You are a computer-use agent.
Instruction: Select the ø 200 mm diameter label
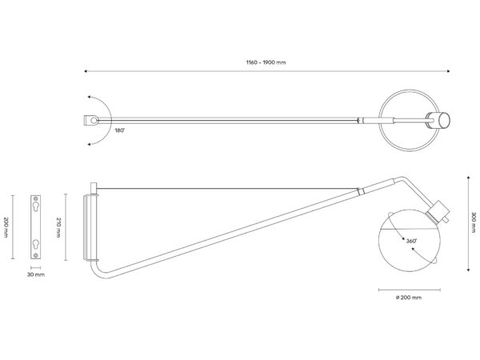click(x=408, y=297)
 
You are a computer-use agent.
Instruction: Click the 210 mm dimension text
click(x=59, y=226)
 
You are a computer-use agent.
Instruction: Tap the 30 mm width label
click(x=36, y=274)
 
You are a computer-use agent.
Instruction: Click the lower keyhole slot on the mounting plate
click(x=36, y=242)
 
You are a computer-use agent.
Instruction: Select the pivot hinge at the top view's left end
click(x=93, y=120)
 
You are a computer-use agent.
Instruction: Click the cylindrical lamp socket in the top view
click(x=438, y=120)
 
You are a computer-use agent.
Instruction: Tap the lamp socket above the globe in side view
click(x=437, y=212)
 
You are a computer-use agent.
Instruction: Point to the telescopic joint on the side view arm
click(x=361, y=190)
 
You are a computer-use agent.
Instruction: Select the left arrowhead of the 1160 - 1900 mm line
click(x=86, y=72)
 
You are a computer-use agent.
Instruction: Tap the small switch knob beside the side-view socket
click(x=447, y=219)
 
